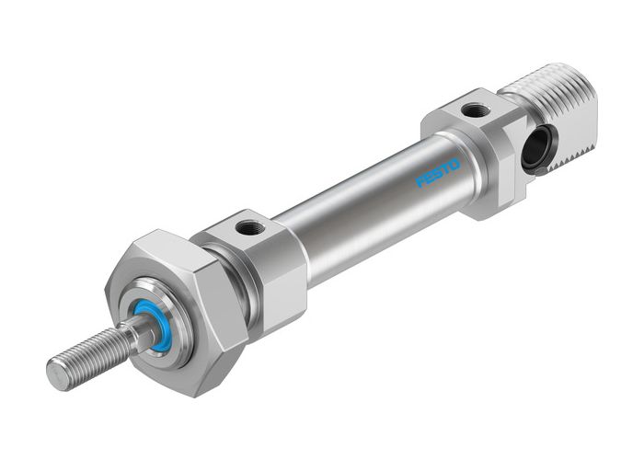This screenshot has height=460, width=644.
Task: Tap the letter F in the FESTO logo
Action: tap(422, 182)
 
